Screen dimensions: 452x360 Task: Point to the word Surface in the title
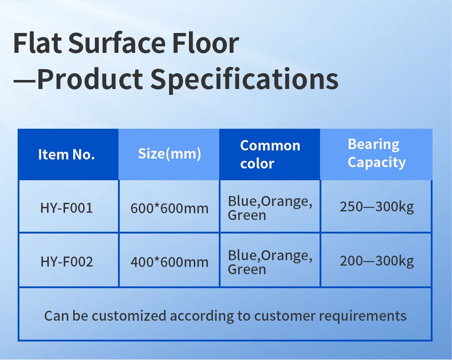point(117,43)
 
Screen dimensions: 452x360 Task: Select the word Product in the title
point(90,79)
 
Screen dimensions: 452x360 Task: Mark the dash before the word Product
point(25,81)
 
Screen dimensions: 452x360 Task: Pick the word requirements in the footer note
point(363,316)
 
